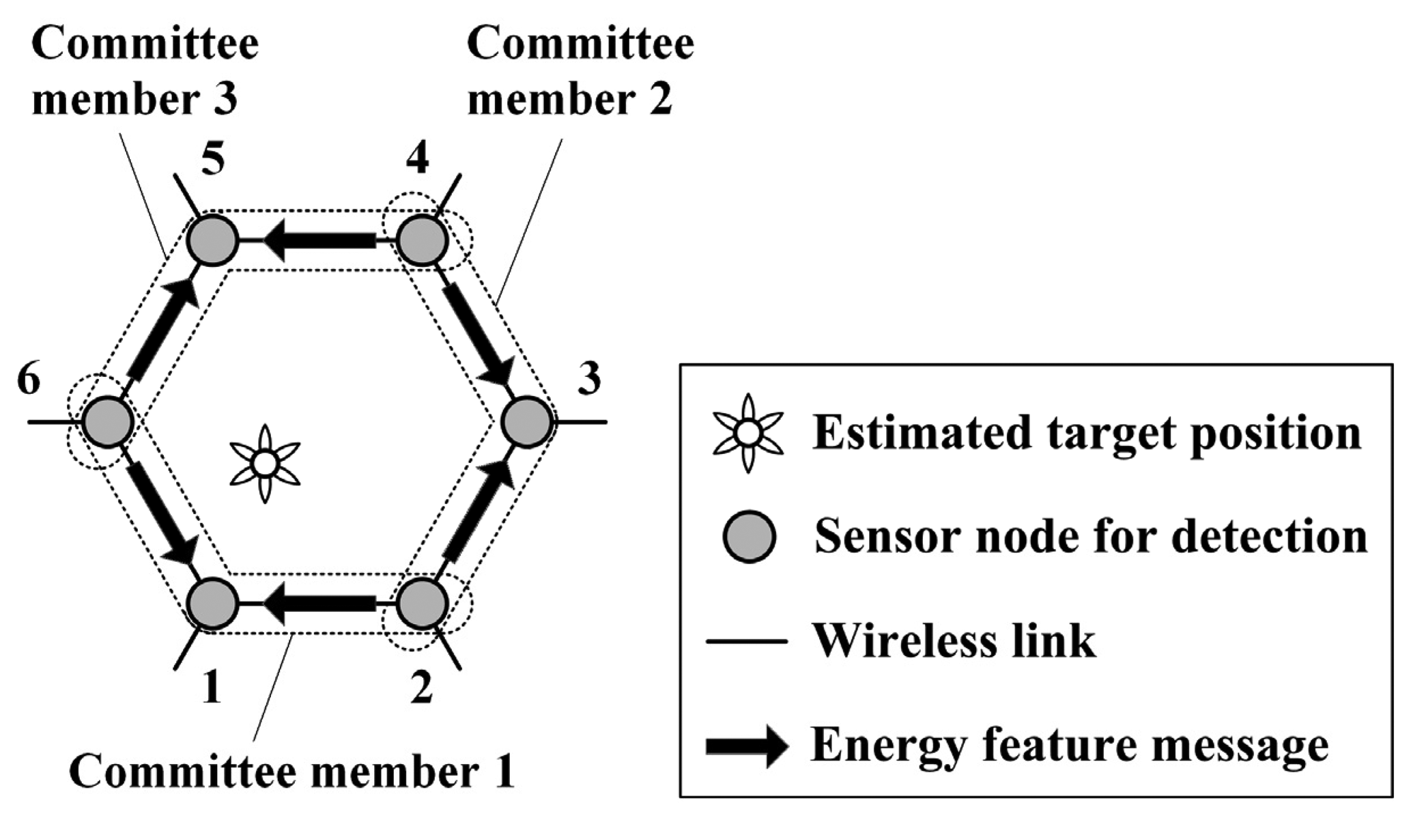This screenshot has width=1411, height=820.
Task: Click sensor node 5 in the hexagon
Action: tap(213, 240)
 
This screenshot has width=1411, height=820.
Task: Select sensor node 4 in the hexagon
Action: tap(422, 240)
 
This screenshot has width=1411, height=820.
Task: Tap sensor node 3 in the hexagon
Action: tap(526, 423)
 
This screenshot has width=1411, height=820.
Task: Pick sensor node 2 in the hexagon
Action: tap(422, 604)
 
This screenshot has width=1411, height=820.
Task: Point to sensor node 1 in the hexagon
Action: tap(213, 604)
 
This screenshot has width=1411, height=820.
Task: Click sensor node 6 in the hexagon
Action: tap(107, 423)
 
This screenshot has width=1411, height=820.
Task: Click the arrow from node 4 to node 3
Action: tap(477, 333)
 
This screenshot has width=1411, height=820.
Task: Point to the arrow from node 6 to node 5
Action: tap(162, 330)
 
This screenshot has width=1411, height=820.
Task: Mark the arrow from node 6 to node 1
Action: tap(162, 513)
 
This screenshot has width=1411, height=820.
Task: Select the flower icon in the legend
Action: tap(747, 433)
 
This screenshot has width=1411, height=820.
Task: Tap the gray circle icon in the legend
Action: tap(749, 537)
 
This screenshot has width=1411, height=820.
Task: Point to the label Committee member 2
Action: tap(580, 72)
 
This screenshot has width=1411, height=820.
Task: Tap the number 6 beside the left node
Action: tap(29, 380)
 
